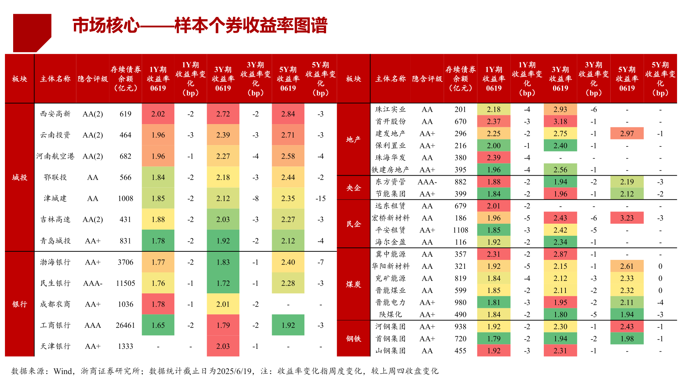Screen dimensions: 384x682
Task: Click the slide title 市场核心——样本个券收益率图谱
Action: pyautogui.click(x=200, y=26)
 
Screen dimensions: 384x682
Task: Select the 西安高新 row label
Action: pyautogui.click(x=55, y=114)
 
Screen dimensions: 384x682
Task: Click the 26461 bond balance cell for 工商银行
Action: pyautogui.click(x=125, y=325)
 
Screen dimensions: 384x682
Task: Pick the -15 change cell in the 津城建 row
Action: pyautogui.click(x=320, y=198)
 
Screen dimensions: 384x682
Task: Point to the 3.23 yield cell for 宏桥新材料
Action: pyautogui.click(x=627, y=218)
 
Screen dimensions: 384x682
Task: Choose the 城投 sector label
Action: pyautogui.click(x=20, y=177)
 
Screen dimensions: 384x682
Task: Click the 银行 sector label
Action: pyautogui.click(x=20, y=304)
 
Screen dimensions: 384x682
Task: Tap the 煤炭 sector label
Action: pyautogui.click(x=353, y=284)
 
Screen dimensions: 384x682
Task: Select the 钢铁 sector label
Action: pyautogui.click(x=353, y=338)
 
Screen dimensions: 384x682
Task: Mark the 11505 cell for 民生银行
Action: pyautogui.click(x=125, y=283)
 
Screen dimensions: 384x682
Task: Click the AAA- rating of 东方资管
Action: pyautogui.click(x=427, y=182)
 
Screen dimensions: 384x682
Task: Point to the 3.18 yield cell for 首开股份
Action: pyautogui.click(x=560, y=122)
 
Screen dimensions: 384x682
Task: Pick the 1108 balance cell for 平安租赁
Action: pyautogui.click(x=460, y=230)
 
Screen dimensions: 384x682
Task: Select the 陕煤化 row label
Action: pyautogui.click(x=390, y=315)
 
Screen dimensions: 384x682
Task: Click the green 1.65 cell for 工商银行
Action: pyautogui.click(x=158, y=325)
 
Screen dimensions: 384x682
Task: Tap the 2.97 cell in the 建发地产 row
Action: pyautogui.click(x=627, y=134)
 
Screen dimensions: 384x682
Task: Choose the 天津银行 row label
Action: pyautogui.click(x=55, y=346)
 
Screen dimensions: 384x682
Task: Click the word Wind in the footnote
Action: pyautogui.click(x=63, y=371)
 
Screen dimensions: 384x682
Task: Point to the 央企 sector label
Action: pyautogui.click(x=353, y=188)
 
